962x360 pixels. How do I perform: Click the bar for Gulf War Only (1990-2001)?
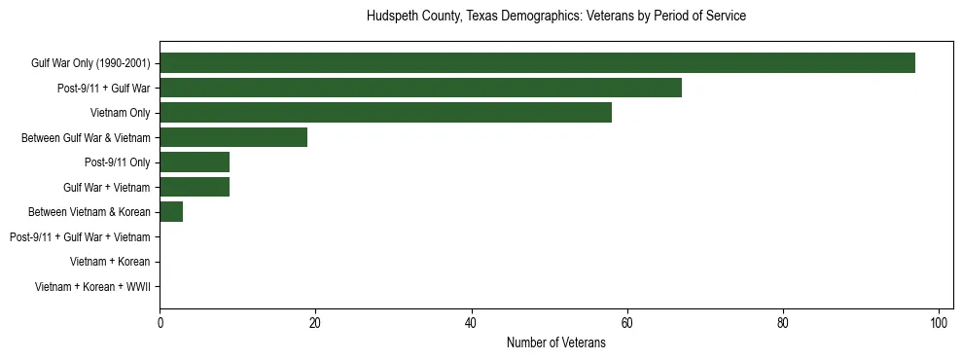pos(537,63)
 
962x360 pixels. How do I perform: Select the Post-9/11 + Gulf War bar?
pos(420,88)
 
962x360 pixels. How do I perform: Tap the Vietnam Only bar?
pos(385,113)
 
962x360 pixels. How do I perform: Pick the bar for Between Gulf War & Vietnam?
pos(233,137)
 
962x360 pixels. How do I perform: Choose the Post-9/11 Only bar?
pos(195,162)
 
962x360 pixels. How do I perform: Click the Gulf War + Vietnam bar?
pos(195,187)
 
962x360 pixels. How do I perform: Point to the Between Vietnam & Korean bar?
pos(171,212)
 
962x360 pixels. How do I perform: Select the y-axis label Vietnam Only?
pos(120,113)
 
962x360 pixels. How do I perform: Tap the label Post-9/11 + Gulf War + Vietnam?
pos(80,236)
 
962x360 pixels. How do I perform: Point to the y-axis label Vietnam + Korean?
pos(110,262)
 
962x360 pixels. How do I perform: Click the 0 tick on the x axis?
pos(160,323)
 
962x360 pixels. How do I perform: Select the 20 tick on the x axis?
pos(315,323)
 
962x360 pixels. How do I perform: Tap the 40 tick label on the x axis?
pos(471,323)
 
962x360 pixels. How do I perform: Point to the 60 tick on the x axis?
pos(627,323)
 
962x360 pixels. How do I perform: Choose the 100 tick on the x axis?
pos(939,323)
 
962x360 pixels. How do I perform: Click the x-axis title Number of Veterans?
pos(556,343)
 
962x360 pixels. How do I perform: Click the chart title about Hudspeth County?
pos(556,17)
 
